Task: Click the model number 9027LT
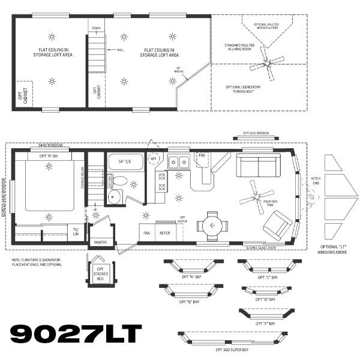tap(76, 334)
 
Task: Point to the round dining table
tap(214, 226)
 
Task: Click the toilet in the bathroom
tap(119, 181)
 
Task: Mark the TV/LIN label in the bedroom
tap(76, 231)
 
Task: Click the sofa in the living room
tap(258, 164)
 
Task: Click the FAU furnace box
tap(202, 157)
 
